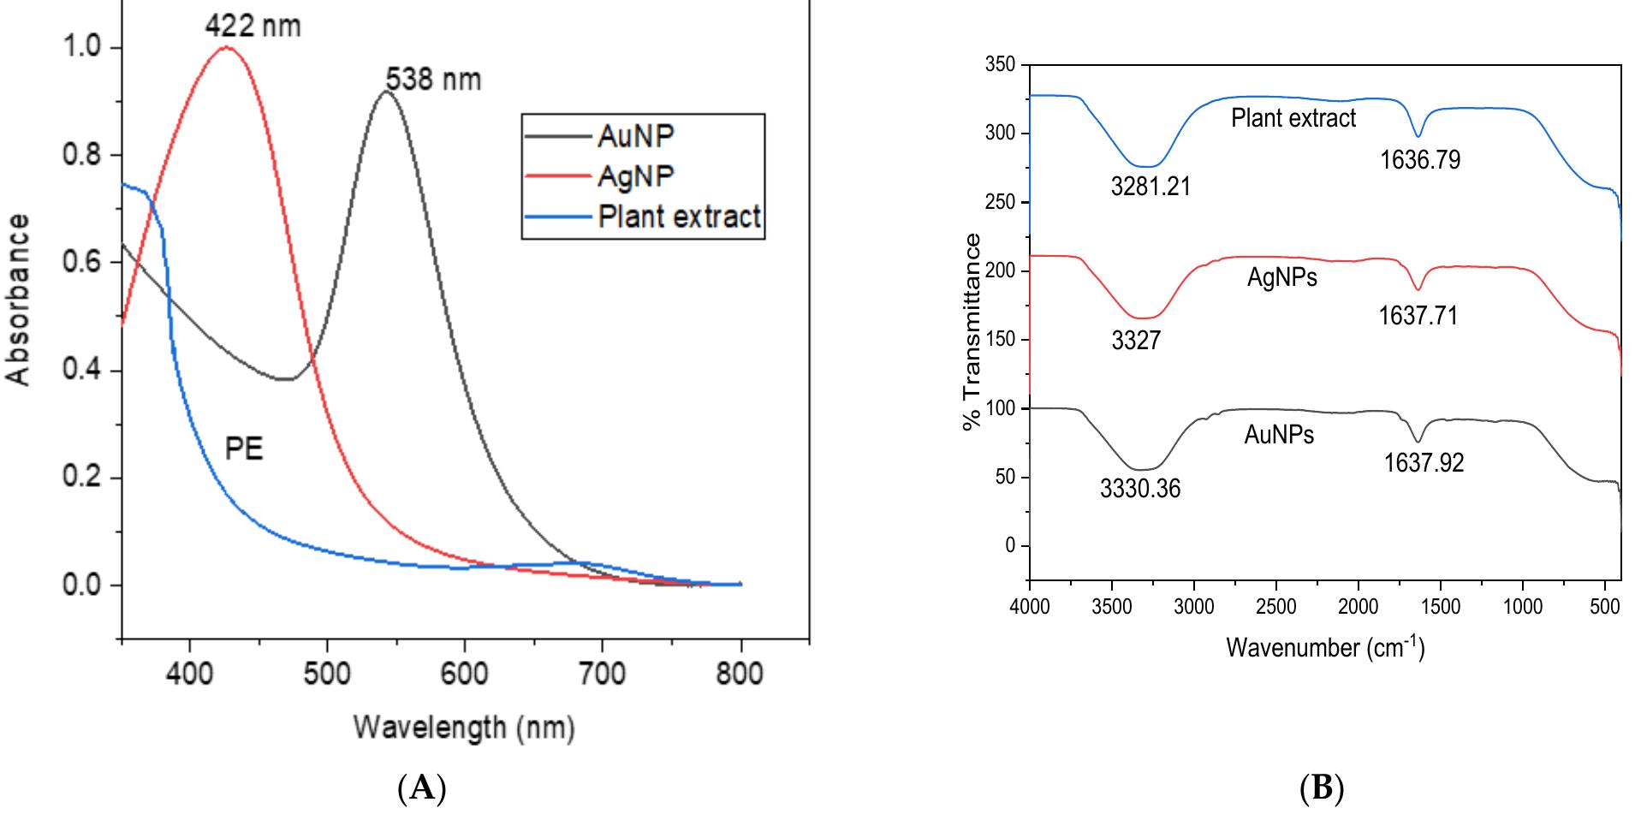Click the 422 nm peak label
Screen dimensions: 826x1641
(x=253, y=27)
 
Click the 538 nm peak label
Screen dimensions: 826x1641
(x=433, y=80)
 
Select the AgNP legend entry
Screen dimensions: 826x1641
(x=635, y=176)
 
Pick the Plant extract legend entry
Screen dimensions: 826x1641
(x=679, y=217)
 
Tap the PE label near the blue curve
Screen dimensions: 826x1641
(x=243, y=449)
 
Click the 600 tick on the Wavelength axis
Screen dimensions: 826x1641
(x=464, y=674)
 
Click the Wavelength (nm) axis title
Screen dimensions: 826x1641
(x=464, y=728)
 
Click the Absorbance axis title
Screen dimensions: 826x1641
(x=19, y=300)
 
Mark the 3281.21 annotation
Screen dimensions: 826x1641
(x=1150, y=187)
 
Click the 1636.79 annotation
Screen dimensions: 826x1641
(x=1419, y=160)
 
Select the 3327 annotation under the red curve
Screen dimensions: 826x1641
(x=1136, y=341)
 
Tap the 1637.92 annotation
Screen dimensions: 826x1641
(x=1424, y=463)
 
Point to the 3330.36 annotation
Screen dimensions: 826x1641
(x=1139, y=489)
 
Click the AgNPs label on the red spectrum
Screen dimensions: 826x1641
(x=1281, y=278)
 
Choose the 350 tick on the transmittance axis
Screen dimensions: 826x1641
(x=1000, y=65)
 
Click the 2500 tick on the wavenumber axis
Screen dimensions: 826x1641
(x=1275, y=607)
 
